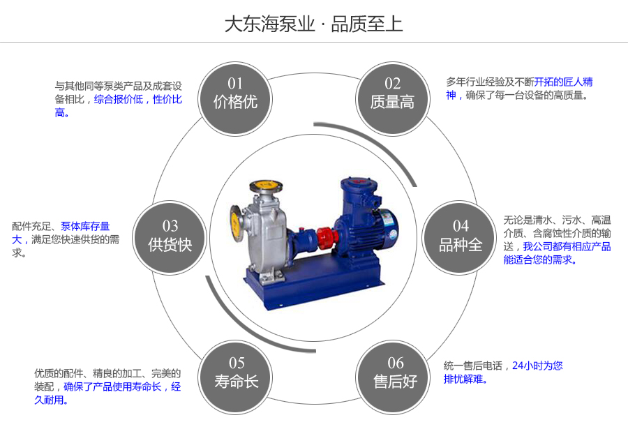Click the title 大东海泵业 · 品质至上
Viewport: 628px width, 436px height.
tap(313, 24)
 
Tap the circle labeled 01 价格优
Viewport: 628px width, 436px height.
tap(235, 99)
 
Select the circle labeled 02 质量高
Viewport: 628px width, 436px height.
tap(392, 99)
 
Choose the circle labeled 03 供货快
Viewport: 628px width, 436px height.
tap(170, 238)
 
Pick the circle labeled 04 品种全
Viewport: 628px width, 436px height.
tap(460, 238)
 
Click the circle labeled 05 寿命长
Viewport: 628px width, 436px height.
tap(236, 377)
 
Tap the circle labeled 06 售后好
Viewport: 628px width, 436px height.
tap(393, 377)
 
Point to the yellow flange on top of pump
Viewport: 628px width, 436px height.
tap(266, 186)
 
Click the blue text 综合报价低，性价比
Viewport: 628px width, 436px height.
tap(137, 99)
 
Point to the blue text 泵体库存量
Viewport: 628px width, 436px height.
tap(85, 227)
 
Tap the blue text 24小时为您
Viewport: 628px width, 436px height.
tap(537, 366)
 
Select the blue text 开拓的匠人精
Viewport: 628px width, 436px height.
tap(564, 82)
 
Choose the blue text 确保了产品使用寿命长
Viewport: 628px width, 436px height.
tap(112, 386)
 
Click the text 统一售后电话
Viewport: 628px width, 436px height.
tap(473, 366)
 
